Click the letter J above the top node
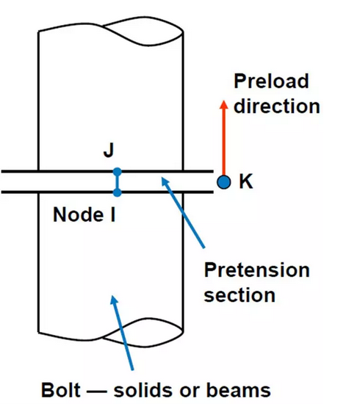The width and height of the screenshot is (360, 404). tap(109, 150)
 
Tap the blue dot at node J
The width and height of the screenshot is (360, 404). tap(118, 172)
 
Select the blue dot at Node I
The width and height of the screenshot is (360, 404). tap(118, 192)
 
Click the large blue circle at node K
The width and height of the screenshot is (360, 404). tap(223, 182)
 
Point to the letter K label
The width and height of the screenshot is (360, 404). tap(246, 181)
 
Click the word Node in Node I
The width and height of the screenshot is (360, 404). tap(79, 214)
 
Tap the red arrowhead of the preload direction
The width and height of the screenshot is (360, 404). tap(223, 104)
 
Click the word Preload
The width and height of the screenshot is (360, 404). tap(271, 81)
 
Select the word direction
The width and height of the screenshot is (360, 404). tap(277, 106)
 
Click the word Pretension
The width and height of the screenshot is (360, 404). tap(256, 270)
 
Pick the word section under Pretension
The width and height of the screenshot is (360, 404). tap(240, 295)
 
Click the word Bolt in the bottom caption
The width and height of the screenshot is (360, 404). tap(61, 390)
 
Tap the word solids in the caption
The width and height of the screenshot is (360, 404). tap(144, 390)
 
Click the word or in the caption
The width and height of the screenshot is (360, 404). tap(191, 392)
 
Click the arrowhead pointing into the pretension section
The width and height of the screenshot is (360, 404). tap(165, 181)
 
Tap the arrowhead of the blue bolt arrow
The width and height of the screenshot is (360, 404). tap(114, 300)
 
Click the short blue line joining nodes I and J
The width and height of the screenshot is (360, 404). tap(118, 182)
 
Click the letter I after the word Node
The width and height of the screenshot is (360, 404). tap(112, 214)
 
